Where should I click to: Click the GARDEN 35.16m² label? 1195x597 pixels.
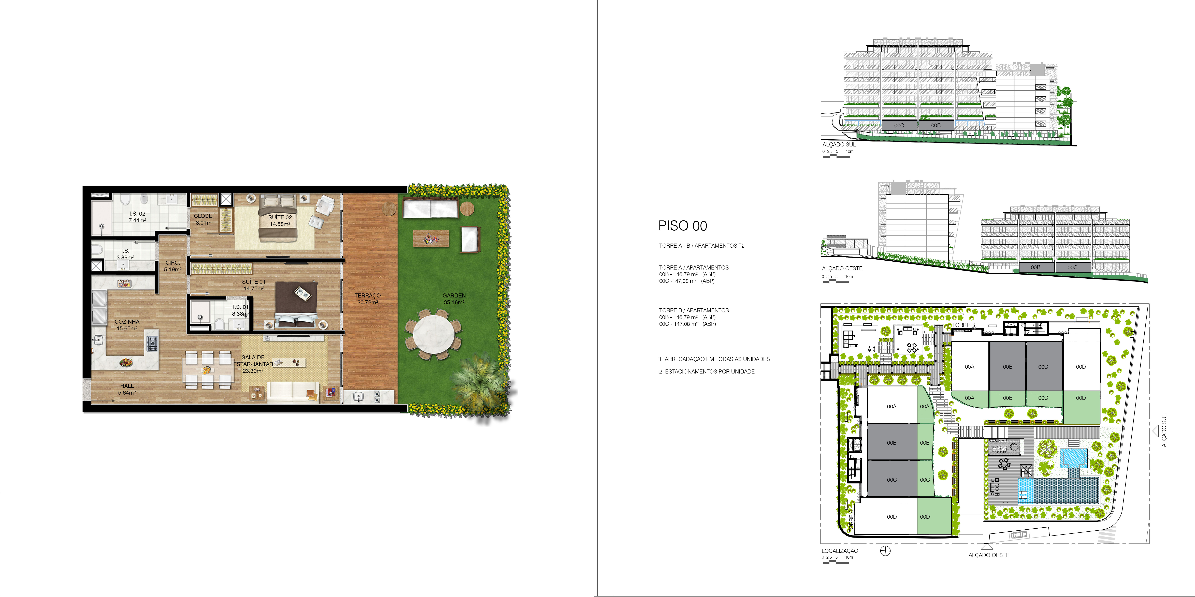pyautogui.click(x=454, y=299)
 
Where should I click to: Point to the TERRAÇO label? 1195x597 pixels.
pyautogui.click(x=367, y=295)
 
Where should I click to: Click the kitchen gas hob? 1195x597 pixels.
pyautogui.click(x=152, y=343)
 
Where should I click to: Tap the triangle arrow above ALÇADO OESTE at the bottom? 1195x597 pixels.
pyautogui.click(x=987, y=546)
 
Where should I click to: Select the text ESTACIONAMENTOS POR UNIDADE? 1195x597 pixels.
pyautogui.click(x=710, y=371)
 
